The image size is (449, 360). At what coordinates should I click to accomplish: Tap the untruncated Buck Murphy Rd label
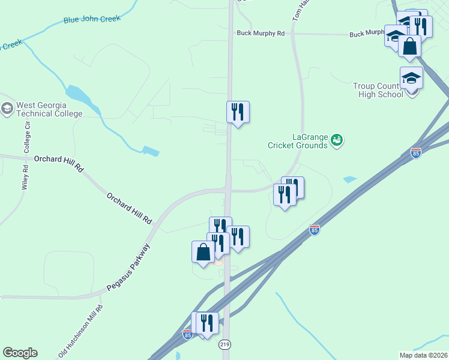pyautogui.click(x=260, y=34)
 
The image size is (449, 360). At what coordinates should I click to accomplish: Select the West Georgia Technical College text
pyautogui.click(x=49, y=109)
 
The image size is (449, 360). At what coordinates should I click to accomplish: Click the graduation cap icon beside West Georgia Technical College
pyautogui.click(x=7, y=109)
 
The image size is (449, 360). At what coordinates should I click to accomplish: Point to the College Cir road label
pyautogui.click(x=27, y=136)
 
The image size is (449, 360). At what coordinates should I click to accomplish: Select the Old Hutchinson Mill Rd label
pyautogui.click(x=81, y=332)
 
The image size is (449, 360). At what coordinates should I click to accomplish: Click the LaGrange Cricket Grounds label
pyautogui.click(x=298, y=141)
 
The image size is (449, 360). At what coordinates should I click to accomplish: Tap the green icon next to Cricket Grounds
pyautogui.click(x=337, y=140)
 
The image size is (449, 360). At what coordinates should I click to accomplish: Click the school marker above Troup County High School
pyautogui.click(x=412, y=79)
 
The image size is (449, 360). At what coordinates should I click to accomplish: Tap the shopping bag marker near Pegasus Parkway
pyautogui.click(x=203, y=252)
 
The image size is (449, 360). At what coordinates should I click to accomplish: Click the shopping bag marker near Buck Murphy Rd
pyautogui.click(x=409, y=46)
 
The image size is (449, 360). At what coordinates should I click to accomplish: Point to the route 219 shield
pyautogui.click(x=224, y=344)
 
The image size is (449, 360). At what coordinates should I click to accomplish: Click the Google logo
pyautogui.click(x=20, y=353)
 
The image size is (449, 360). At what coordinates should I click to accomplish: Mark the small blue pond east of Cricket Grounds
pyautogui.click(x=349, y=179)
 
